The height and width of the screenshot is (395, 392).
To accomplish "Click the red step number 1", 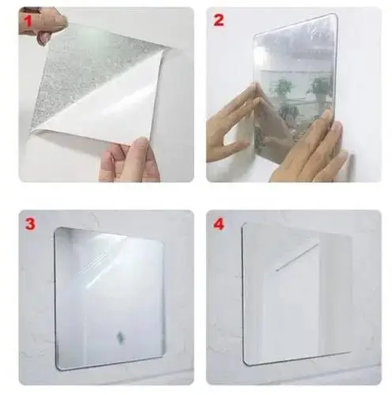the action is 28,21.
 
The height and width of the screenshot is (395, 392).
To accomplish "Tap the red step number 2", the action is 219,20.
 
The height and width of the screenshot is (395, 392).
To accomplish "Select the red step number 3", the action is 30,224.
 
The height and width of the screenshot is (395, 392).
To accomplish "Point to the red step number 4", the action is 219,224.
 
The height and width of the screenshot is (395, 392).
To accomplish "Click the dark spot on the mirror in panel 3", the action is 119,336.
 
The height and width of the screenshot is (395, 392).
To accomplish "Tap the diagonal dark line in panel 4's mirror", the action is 296,257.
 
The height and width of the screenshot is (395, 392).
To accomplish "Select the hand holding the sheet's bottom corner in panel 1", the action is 129,160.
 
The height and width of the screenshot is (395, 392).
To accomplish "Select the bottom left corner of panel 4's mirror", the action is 247,363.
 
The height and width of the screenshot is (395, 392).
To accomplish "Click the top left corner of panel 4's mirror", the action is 245,225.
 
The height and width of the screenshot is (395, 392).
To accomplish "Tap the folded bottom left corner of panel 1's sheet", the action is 34,130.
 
